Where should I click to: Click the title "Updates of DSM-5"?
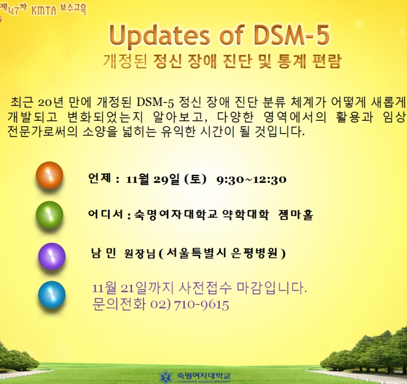point(220,35)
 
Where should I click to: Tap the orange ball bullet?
point(49,175)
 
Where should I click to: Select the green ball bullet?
point(49,215)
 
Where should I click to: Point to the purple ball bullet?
point(52,256)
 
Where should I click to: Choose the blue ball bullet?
point(52,295)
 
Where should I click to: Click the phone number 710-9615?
point(201,305)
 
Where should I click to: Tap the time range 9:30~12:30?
point(251,180)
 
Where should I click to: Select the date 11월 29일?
point(152,179)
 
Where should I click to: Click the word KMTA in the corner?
point(44,10)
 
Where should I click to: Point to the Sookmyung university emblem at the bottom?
point(166,377)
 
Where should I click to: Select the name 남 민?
point(103,253)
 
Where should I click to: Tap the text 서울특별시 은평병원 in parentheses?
point(222,253)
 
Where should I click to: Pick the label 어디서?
point(105,214)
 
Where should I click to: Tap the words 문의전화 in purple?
point(119,304)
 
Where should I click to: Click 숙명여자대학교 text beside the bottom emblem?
point(203,375)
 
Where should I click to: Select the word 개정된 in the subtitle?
point(126,62)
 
